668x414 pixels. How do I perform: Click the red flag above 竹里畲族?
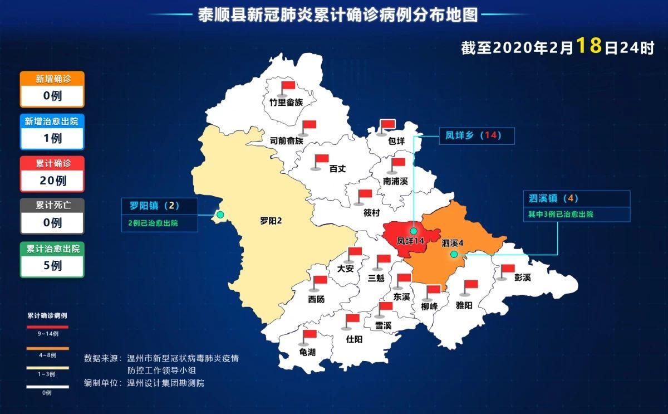tap(288, 87)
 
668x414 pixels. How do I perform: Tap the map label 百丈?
tap(337, 168)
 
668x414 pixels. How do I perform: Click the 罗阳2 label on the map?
tap(271, 221)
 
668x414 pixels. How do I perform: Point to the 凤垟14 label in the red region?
tap(411, 241)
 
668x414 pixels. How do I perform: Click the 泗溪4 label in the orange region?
tap(453, 243)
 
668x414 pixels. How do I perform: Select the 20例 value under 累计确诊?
tap(52, 181)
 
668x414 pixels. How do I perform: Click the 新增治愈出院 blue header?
tap(52, 121)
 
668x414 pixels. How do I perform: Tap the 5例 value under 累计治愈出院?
tap(52, 266)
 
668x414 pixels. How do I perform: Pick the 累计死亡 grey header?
tap(52, 205)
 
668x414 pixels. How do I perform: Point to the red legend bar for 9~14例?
tap(48, 327)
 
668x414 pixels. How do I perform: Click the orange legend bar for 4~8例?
tap(48, 349)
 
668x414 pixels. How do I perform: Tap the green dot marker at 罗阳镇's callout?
tap(220, 215)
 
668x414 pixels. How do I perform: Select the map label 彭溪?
tap(522, 277)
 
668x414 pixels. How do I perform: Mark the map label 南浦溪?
tap(395, 182)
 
